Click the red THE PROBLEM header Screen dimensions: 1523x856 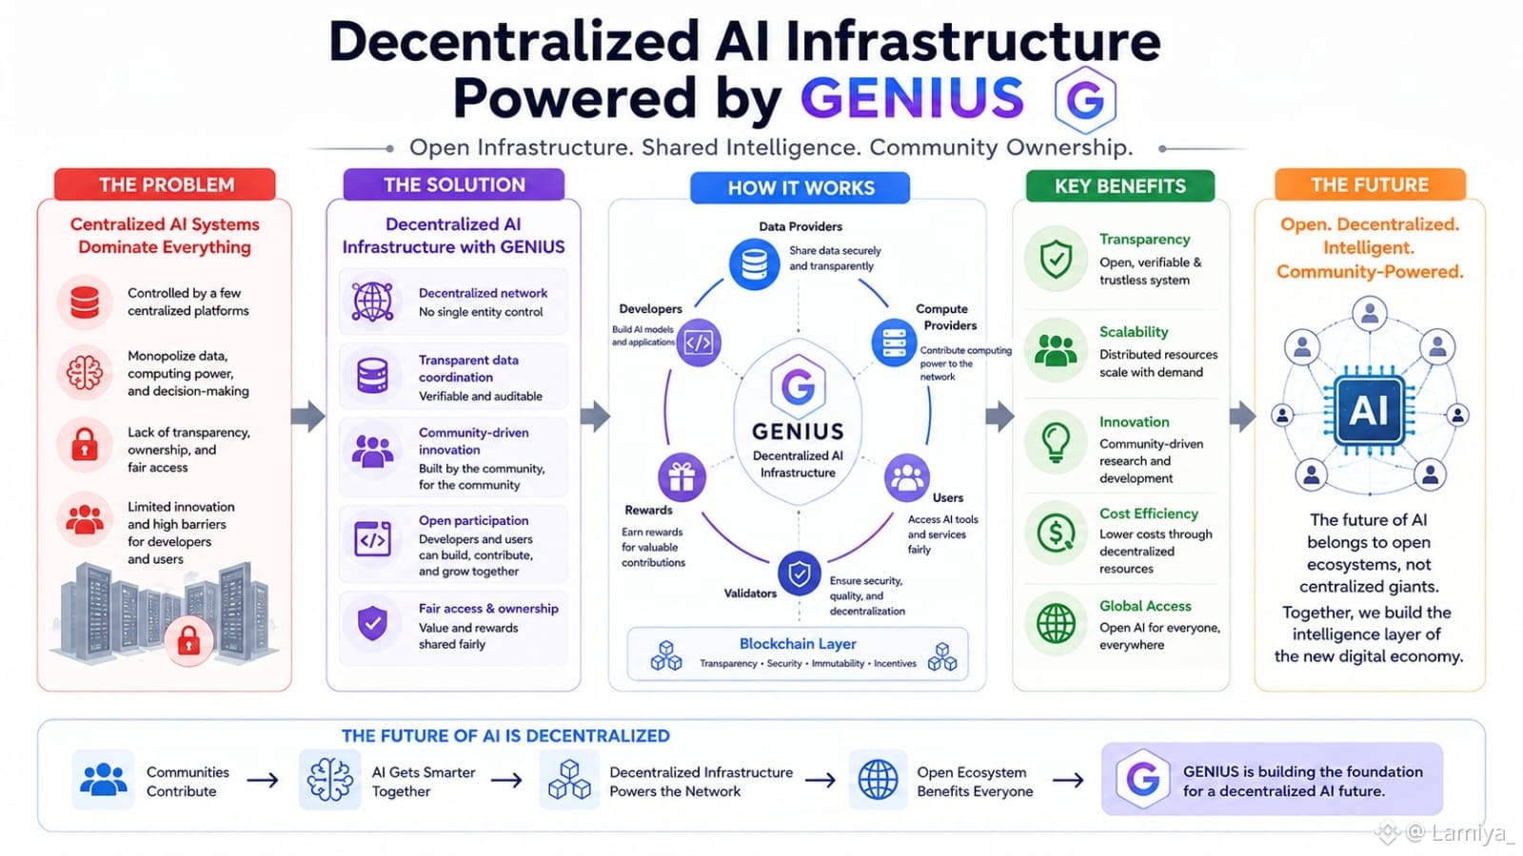click(x=166, y=185)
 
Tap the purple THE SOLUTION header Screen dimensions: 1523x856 click(x=454, y=185)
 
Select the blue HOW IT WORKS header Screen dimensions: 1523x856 click(x=801, y=188)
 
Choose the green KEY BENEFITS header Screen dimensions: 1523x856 click(x=1119, y=186)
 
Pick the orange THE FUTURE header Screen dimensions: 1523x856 click(x=1370, y=185)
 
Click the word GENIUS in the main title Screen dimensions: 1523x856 click(x=912, y=99)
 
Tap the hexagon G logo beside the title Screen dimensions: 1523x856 click(x=1085, y=100)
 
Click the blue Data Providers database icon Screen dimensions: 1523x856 click(x=754, y=264)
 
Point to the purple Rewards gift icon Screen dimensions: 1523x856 click(x=682, y=477)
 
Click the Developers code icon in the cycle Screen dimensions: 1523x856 click(x=699, y=342)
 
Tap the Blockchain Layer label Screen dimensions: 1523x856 click(x=798, y=643)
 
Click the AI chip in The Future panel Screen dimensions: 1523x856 click(x=1369, y=410)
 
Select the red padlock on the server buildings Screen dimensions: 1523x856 click(x=188, y=641)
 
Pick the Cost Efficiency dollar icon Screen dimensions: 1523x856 click(x=1056, y=534)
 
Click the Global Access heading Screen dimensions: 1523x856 click(x=1145, y=606)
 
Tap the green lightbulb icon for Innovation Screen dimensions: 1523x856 click(x=1056, y=442)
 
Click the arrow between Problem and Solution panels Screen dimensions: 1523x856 click(x=308, y=417)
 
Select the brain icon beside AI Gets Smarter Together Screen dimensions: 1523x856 click(x=329, y=780)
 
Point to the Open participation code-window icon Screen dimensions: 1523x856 click(x=372, y=539)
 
